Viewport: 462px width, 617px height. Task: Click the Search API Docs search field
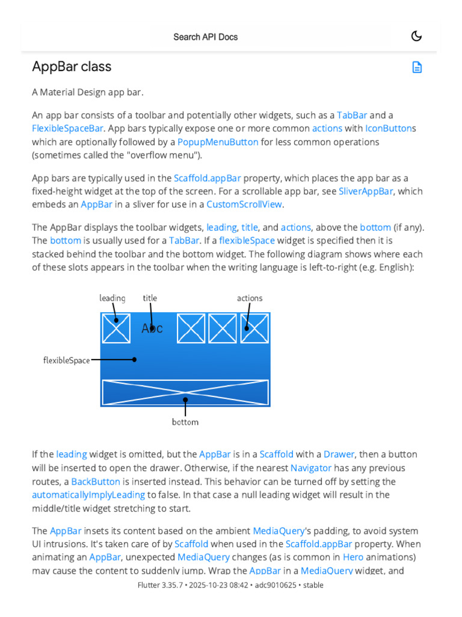pyautogui.click(x=206, y=37)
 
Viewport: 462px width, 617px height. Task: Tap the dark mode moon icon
pyautogui.click(x=416, y=36)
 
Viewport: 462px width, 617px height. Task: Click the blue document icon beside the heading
pyautogui.click(x=417, y=67)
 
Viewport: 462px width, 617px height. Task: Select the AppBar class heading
pyautogui.click(x=72, y=66)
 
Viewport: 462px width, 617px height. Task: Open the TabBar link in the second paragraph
pyautogui.click(x=352, y=114)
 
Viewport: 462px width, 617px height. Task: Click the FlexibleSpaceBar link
pyautogui.click(x=68, y=128)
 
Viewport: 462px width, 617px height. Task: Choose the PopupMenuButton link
pyautogui.click(x=218, y=142)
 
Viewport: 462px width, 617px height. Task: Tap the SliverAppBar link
pyautogui.click(x=366, y=191)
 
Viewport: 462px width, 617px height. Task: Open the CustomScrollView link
pyautogui.click(x=244, y=204)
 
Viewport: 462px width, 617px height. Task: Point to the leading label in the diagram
pyautogui.click(x=112, y=298)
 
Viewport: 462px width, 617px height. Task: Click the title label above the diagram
pyautogui.click(x=150, y=298)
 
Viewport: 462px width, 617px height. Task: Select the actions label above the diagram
pyautogui.click(x=250, y=298)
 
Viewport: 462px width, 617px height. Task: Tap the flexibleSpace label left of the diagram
pyautogui.click(x=66, y=360)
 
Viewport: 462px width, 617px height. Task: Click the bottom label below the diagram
pyautogui.click(x=185, y=422)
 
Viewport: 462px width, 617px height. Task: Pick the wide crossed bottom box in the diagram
pyautogui.click(x=185, y=392)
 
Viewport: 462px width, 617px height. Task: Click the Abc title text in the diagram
pyautogui.click(x=152, y=328)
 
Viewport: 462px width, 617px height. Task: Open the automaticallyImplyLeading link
pyautogui.click(x=88, y=495)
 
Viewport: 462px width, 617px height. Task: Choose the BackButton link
pyautogui.click(x=96, y=481)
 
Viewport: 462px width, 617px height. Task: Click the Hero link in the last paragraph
pyautogui.click(x=353, y=557)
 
